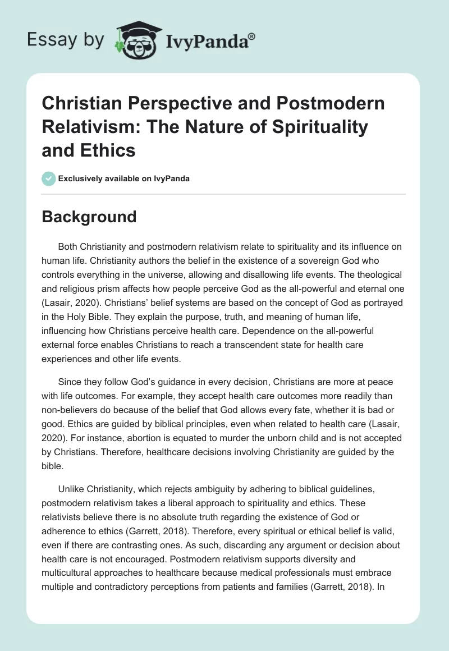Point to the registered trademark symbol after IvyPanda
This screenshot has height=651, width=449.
tap(251, 35)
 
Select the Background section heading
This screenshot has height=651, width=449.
tap(89, 217)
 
